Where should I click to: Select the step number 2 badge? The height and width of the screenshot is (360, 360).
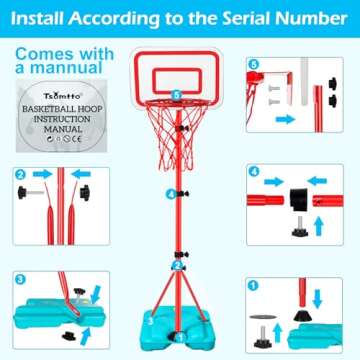19,175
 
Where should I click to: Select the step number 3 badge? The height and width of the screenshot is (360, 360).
19,277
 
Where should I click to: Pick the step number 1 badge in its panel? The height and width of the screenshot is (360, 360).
253,284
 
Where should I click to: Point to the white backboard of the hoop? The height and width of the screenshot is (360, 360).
176,70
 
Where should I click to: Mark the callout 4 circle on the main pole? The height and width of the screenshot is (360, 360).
172,193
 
